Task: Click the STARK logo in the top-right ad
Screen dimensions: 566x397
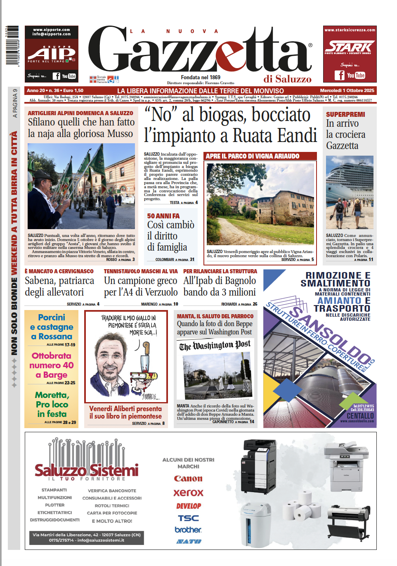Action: pos(349,47)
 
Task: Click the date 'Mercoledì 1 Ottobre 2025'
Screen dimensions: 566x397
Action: pos(347,90)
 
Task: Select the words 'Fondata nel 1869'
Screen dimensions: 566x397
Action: pos(201,77)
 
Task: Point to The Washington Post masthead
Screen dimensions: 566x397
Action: pos(215,345)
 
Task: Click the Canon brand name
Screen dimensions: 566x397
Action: pos(188,479)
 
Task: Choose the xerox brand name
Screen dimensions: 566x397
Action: pos(188,493)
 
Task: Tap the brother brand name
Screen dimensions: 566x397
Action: pos(188,530)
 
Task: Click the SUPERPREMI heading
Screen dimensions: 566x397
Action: pos(345,114)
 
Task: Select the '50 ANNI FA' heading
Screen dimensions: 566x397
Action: pos(163,216)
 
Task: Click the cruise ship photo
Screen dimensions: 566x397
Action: pos(350,192)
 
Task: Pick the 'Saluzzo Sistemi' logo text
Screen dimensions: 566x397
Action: pos(87,470)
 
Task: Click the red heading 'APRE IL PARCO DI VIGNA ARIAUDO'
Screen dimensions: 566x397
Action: pos(253,156)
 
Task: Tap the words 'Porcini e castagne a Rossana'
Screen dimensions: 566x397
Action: pos(52,327)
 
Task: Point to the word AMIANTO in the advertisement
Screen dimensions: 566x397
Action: pos(339,301)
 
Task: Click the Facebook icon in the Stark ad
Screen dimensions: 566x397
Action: pos(339,75)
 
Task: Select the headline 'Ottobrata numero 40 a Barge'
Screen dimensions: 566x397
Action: pos(52,365)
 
